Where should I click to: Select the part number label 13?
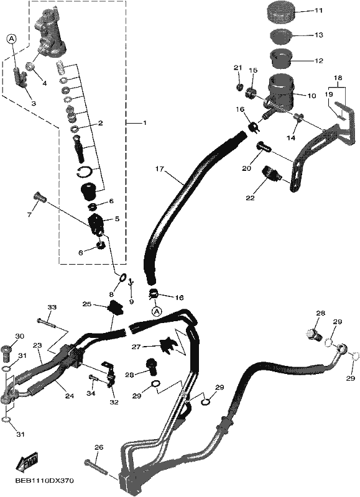(319, 35)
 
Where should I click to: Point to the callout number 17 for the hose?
(160, 169)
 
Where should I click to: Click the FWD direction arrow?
(27, 460)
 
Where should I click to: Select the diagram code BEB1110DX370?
(44, 481)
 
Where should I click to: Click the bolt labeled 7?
(40, 198)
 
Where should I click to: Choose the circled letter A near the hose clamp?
(156, 312)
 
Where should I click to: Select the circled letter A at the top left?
(11, 39)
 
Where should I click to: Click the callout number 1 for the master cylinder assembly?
(145, 122)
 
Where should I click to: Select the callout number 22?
(250, 198)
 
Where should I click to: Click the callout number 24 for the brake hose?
(70, 396)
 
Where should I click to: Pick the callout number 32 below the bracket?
(114, 402)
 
